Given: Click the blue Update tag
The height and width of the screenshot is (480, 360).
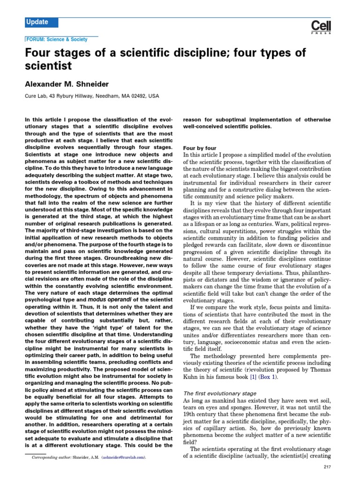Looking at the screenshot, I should point(42,22).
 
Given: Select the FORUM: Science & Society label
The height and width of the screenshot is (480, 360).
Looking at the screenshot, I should point(57,40).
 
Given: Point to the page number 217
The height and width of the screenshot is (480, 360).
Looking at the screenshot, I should point(328,467).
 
